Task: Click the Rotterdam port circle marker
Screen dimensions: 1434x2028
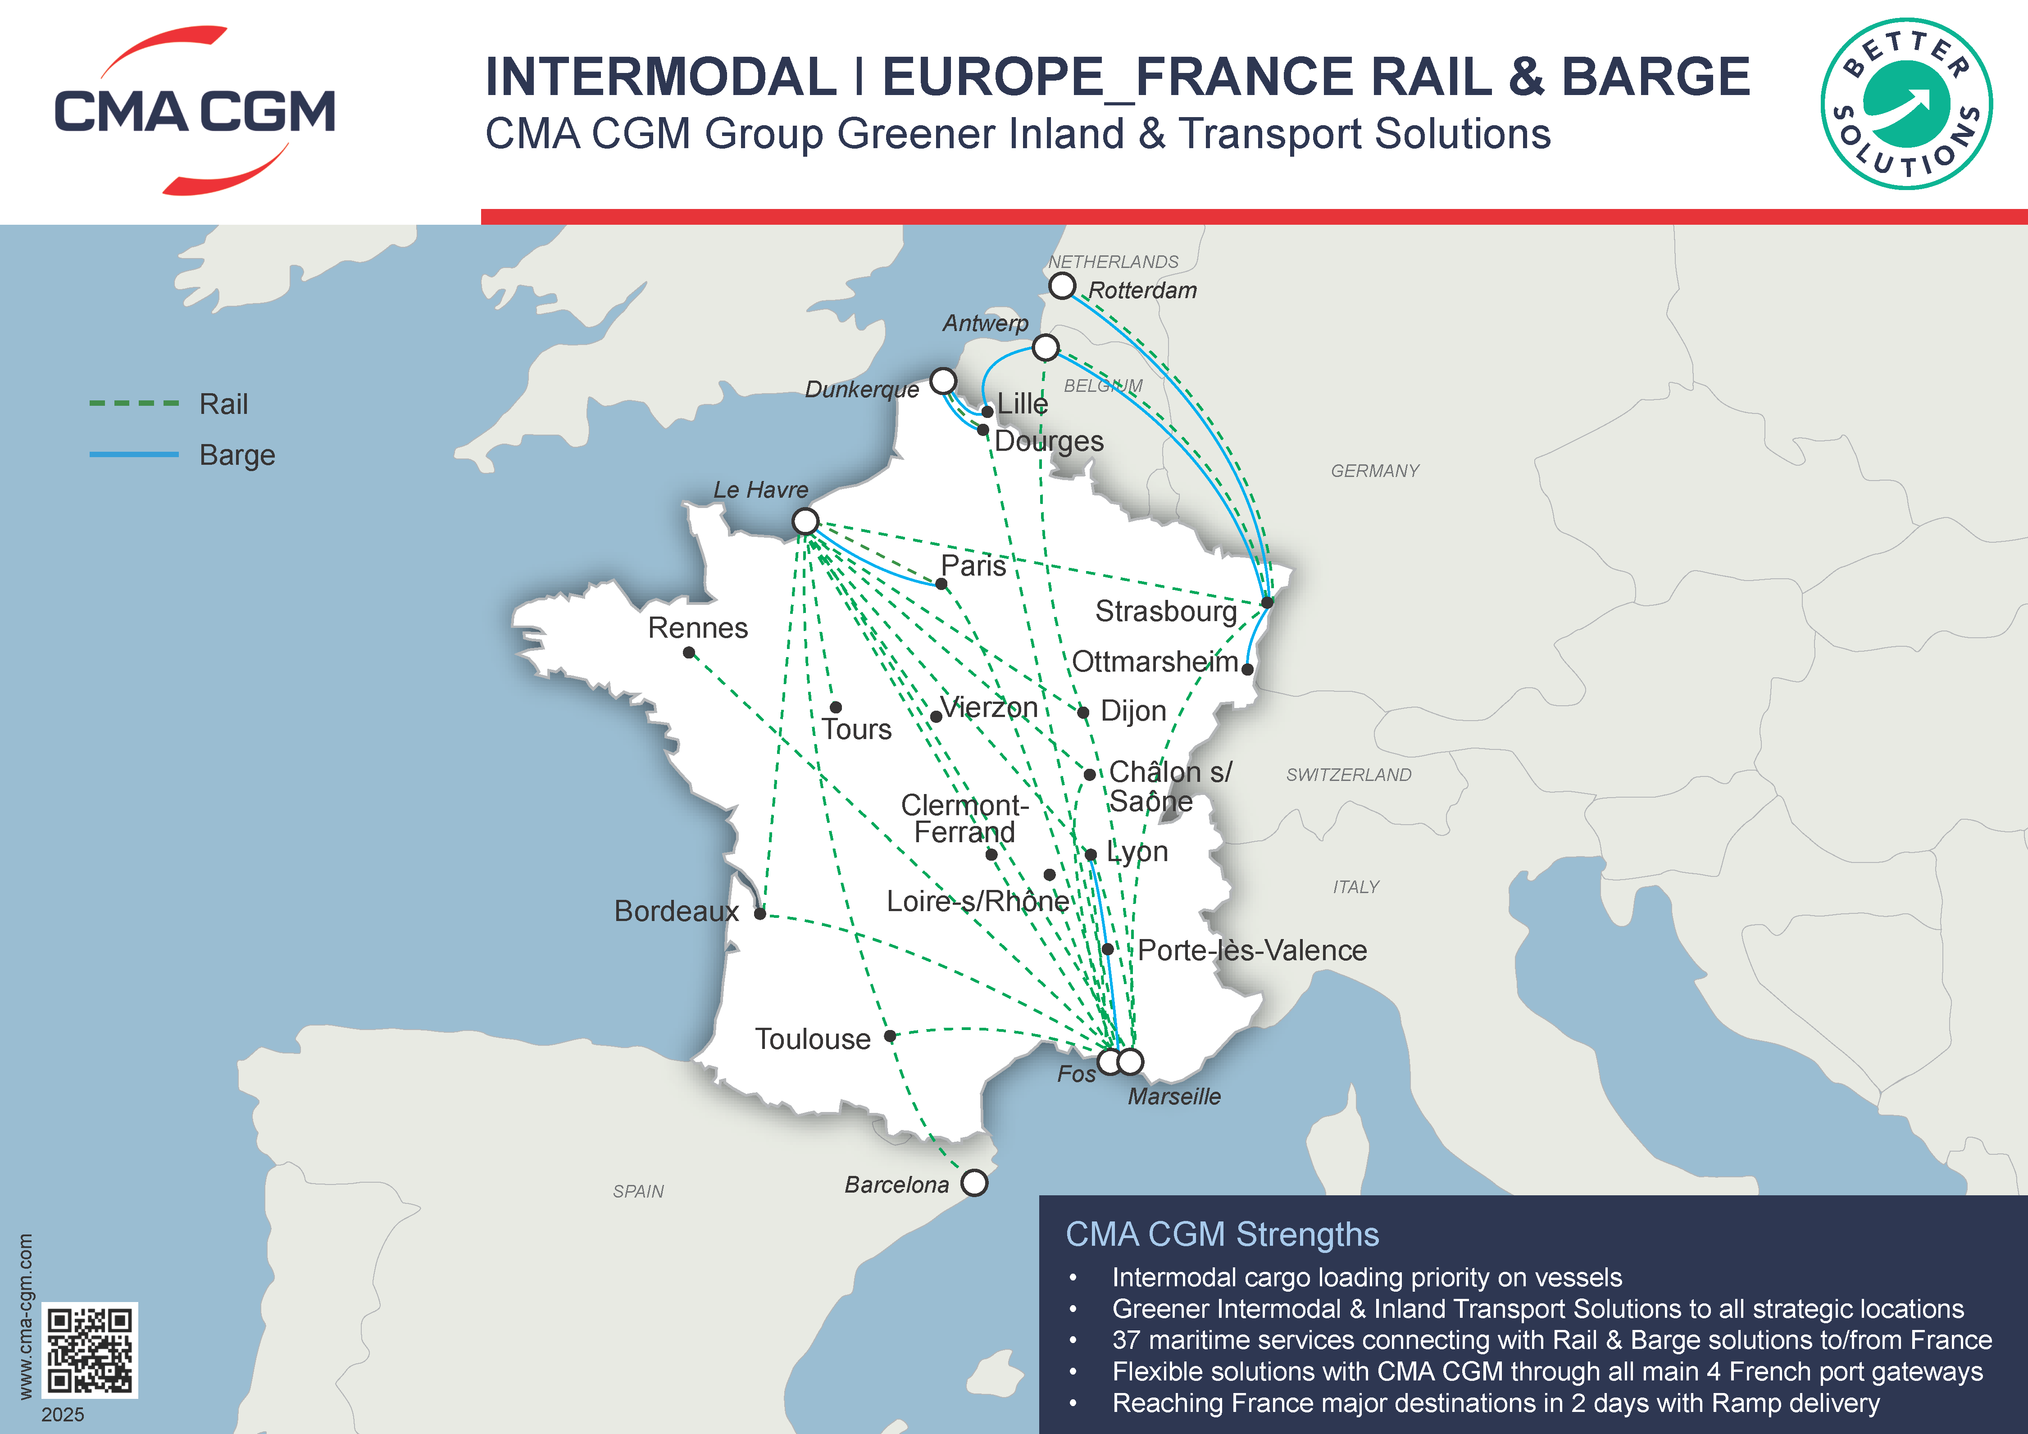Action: tap(1062, 286)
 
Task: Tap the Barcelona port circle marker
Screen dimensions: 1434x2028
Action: tap(974, 1182)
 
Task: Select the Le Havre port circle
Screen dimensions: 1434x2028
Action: tap(805, 521)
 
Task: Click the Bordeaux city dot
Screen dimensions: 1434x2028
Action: tap(759, 914)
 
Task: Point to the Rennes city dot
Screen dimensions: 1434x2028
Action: tap(689, 653)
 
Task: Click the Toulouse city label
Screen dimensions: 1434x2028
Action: tap(812, 1039)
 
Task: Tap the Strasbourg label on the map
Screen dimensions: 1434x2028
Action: tap(1165, 611)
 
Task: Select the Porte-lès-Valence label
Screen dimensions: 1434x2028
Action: tap(1251, 950)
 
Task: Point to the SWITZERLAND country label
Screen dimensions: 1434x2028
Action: tap(1348, 775)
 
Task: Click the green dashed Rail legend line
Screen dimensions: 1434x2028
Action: tap(134, 404)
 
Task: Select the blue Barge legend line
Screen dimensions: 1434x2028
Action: tap(134, 455)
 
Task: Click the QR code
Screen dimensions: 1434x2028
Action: tap(90, 1350)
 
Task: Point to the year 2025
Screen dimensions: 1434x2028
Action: tap(63, 1415)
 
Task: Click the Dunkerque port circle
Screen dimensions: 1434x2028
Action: tap(943, 381)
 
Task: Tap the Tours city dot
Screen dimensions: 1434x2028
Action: tap(836, 707)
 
